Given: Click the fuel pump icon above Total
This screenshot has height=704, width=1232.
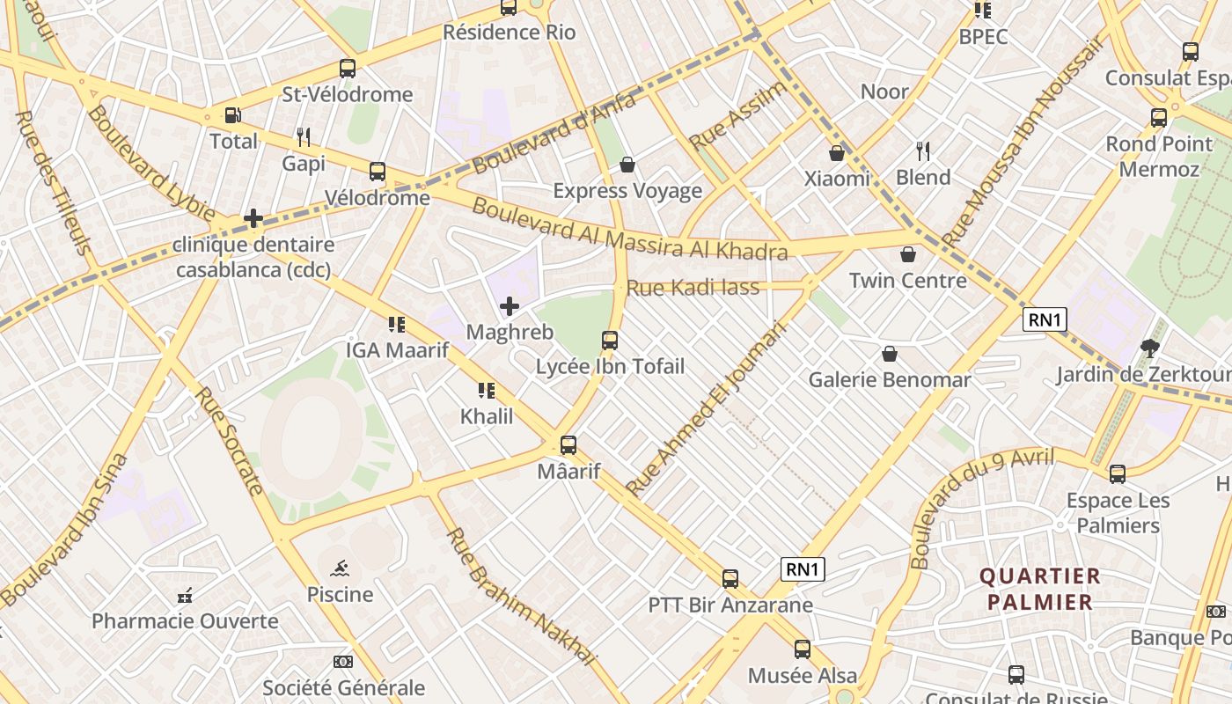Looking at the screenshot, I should click(232, 115).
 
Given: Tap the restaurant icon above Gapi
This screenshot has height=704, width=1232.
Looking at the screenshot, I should click(304, 137).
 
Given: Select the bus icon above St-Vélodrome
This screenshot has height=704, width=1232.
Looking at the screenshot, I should click(348, 69).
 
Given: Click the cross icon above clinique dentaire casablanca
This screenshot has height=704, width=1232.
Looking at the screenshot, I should click(253, 218).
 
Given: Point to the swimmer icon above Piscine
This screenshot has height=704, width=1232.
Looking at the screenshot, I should click(340, 568).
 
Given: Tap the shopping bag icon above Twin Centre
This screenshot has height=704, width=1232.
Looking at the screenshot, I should click(907, 255).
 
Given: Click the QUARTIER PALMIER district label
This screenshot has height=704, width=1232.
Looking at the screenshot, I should click(1039, 589).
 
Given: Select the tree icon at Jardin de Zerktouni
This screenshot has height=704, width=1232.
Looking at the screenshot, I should click(1149, 348).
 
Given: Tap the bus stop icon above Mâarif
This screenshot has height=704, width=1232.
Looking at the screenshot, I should click(568, 445).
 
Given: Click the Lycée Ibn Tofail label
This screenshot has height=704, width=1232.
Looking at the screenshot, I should click(610, 366).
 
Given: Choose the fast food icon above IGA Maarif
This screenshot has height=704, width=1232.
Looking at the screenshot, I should click(396, 325).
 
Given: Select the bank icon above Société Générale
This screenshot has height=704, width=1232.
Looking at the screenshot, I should click(343, 662).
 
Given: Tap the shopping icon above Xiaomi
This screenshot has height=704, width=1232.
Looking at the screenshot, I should click(836, 153).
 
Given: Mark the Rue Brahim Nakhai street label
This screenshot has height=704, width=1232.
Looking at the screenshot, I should click(521, 596).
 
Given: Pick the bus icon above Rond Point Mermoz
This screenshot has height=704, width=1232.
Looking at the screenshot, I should click(1159, 118).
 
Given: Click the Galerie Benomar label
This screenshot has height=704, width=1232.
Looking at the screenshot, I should click(890, 379).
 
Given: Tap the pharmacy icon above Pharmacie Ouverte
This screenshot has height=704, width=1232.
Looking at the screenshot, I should click(185, 596).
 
